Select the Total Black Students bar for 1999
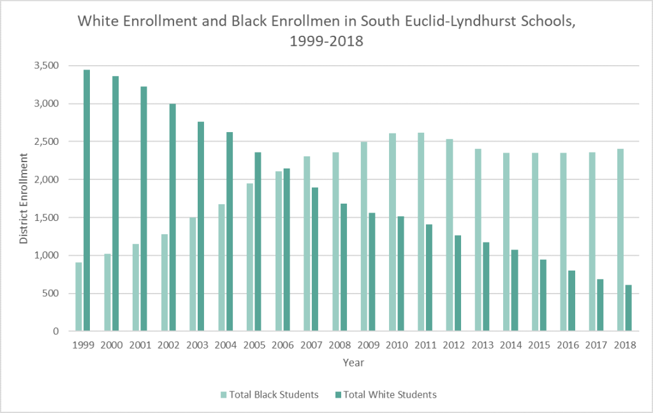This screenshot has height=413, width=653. click(x=78, y=297)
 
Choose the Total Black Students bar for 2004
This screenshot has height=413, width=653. click(x=221, y=267)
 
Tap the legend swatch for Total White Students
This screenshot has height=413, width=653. click(x=337, y=394)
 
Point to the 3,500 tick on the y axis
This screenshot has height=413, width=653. click(x=47, y=66)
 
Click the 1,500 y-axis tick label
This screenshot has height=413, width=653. click(x=47, y=218)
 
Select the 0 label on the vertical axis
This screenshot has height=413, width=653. click(x=55, y=331)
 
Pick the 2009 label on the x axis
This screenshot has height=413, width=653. click(x=368, y=345)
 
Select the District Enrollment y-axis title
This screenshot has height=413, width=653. click(x=24, y=199)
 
